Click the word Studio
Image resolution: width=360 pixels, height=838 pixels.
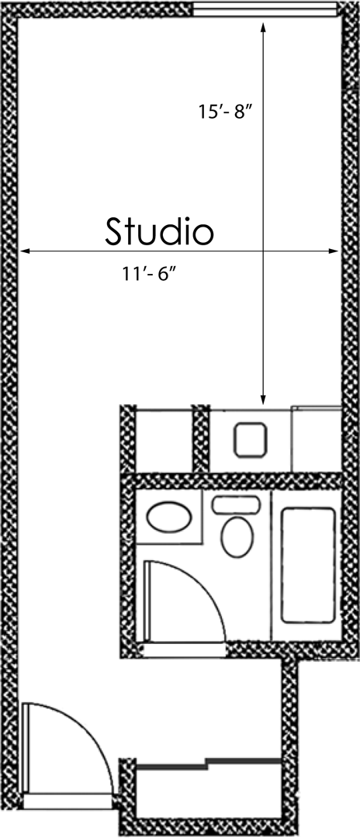(159, 231)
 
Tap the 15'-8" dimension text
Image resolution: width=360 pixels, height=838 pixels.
(226, 112)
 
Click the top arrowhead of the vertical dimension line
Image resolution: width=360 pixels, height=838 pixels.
(264, 27)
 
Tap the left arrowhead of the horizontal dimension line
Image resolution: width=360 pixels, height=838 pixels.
(26, 251)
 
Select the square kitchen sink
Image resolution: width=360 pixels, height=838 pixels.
(251, 439)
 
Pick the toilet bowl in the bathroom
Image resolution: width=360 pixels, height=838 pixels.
(237, 536)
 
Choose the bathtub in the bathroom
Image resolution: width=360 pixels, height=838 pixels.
(308, 564)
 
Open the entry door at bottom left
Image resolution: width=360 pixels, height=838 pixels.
(66, 749)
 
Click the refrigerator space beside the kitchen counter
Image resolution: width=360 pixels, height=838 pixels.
(316, 439)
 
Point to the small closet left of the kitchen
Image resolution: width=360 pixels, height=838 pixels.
(164, 439)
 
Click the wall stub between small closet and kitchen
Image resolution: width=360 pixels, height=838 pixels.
(201, 438)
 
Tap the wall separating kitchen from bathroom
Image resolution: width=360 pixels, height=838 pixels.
(233, 481)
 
